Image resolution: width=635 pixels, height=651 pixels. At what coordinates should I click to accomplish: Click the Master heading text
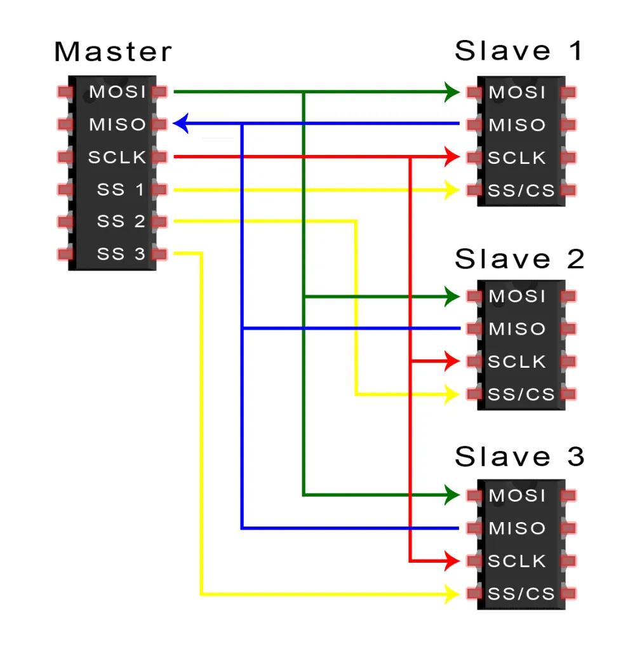[x=113, y=52]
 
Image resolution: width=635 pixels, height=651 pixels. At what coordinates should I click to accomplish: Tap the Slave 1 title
[x=519, y=51]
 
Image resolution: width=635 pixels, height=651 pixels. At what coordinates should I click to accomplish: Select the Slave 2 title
[x=519, y=259]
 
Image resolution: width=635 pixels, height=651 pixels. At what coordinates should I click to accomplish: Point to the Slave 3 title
[x=519, y=457]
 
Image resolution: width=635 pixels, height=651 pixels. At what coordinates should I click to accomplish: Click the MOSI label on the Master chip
[x=118, y=92]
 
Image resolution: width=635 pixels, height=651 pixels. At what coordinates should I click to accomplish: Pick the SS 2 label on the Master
[x=121, y=222]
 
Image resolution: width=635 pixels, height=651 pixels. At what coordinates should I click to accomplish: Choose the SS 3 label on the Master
[x=121, y=255]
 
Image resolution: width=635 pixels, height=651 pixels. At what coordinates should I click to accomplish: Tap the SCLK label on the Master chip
[x=117, y=158]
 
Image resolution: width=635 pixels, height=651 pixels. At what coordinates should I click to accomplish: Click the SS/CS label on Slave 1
[x=521, y=190]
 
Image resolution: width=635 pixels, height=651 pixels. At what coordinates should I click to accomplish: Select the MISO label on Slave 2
[x=517, y=329]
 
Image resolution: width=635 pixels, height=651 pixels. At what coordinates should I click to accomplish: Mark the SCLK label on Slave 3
[x=517, y=561]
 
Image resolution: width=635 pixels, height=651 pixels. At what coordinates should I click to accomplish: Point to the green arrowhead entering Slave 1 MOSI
[x=452, y=92]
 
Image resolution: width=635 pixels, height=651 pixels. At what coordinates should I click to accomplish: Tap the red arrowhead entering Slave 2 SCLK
[x=452, y=361]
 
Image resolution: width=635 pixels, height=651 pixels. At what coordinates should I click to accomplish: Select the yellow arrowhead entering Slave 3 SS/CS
[x=452, y=594]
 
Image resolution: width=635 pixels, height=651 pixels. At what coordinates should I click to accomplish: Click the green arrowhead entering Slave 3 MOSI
[x=452, y=495]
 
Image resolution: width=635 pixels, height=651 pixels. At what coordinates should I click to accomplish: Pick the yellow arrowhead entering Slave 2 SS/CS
[x=452, y=394]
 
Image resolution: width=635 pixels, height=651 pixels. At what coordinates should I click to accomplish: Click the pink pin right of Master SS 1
[x=159, y=189]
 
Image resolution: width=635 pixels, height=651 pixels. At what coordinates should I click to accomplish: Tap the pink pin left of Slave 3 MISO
[x=474, y=528]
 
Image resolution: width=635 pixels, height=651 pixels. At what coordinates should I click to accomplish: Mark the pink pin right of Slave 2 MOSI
[x=569, y=296]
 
